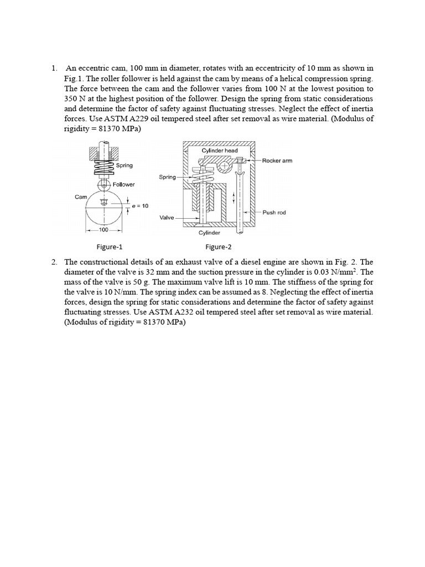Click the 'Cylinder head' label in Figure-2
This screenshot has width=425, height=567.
pos(220,151)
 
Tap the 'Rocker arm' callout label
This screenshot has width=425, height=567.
pos(277,161)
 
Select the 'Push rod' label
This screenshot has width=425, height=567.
pos(274,212)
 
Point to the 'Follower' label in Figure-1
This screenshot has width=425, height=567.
pos(123,184)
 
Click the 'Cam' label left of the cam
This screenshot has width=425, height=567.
pos(80,197)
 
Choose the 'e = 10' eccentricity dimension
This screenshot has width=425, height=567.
pos(140,206)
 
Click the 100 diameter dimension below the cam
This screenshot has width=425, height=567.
pos(103,229)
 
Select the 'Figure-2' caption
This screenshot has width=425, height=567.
pos(217,247)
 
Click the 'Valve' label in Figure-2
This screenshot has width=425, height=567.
pos(167,218)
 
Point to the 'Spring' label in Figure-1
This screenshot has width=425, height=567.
pos(125,165)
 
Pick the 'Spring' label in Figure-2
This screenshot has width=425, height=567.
pos(167,177)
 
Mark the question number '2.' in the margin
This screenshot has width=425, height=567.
pos(54,261)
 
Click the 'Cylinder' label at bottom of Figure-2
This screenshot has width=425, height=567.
pos(210,233)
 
